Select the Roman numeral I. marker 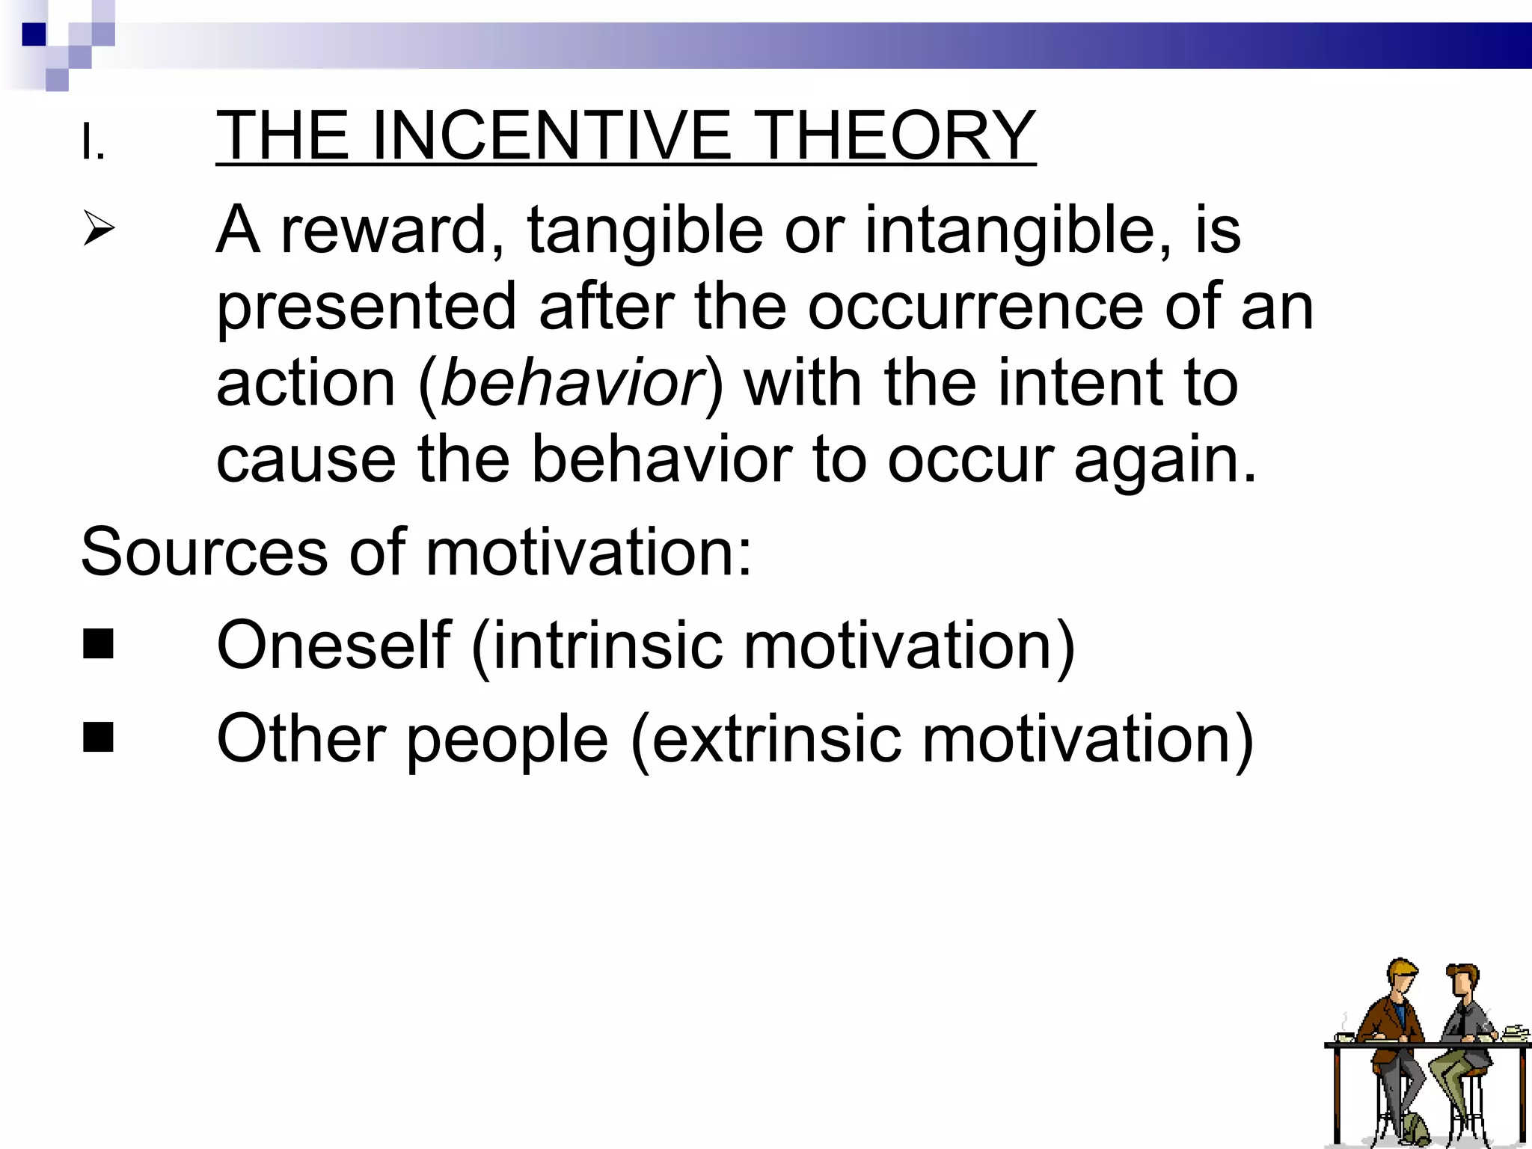pyautogui.click(x=93, y=143)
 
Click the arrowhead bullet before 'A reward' pyautogui.click(x=99, y=228)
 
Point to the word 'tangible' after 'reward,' pyautogui.click(x=645, y=230)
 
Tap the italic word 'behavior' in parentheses pyautogui.click(x=572, y=383)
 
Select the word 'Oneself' pyautogui.click(x=334, y=645)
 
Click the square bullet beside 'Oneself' pyautogui.click(x=99, y=644)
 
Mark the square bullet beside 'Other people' pyautogui.click(x=99, y=737)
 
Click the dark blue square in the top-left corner pyautogui.click(x=34, y=34)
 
